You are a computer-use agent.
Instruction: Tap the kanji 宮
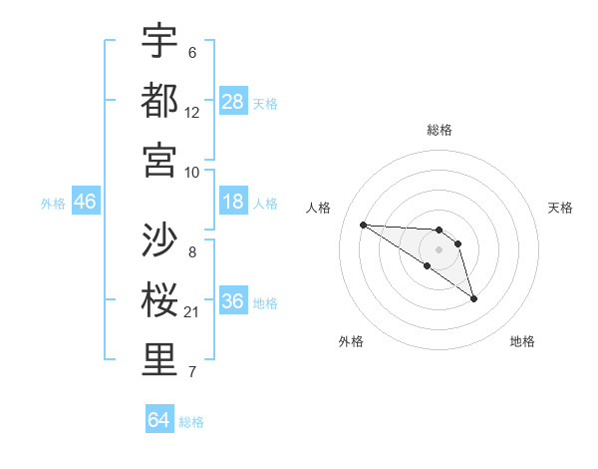click(x=159, y=160)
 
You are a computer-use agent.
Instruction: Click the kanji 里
click(x=159, y=360)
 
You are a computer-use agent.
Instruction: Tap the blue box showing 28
click(x=233, y=102)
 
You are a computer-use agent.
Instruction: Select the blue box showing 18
click(x=233, y=203)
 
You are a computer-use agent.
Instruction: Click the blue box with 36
click(x=233, y=302)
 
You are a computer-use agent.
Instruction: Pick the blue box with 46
click(x=86, y=203)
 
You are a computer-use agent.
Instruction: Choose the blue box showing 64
click(x=159, y=420)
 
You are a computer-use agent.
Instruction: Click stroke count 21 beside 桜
click(x=192, y=312)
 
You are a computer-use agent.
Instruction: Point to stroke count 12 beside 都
click(x=192, y=112)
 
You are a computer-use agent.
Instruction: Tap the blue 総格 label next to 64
click(x=191, y=422)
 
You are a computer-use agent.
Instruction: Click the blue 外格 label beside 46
click(x=54, y=204)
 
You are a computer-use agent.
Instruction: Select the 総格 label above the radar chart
click(x=439, y=130)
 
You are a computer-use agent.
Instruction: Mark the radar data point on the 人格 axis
click(x=363, y=225)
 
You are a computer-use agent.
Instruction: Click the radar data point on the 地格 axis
click(x=473, y=298)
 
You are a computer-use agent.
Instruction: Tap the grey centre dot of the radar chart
click(x=439, y=249)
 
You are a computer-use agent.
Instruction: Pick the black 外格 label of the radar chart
click(x=351, y=341)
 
